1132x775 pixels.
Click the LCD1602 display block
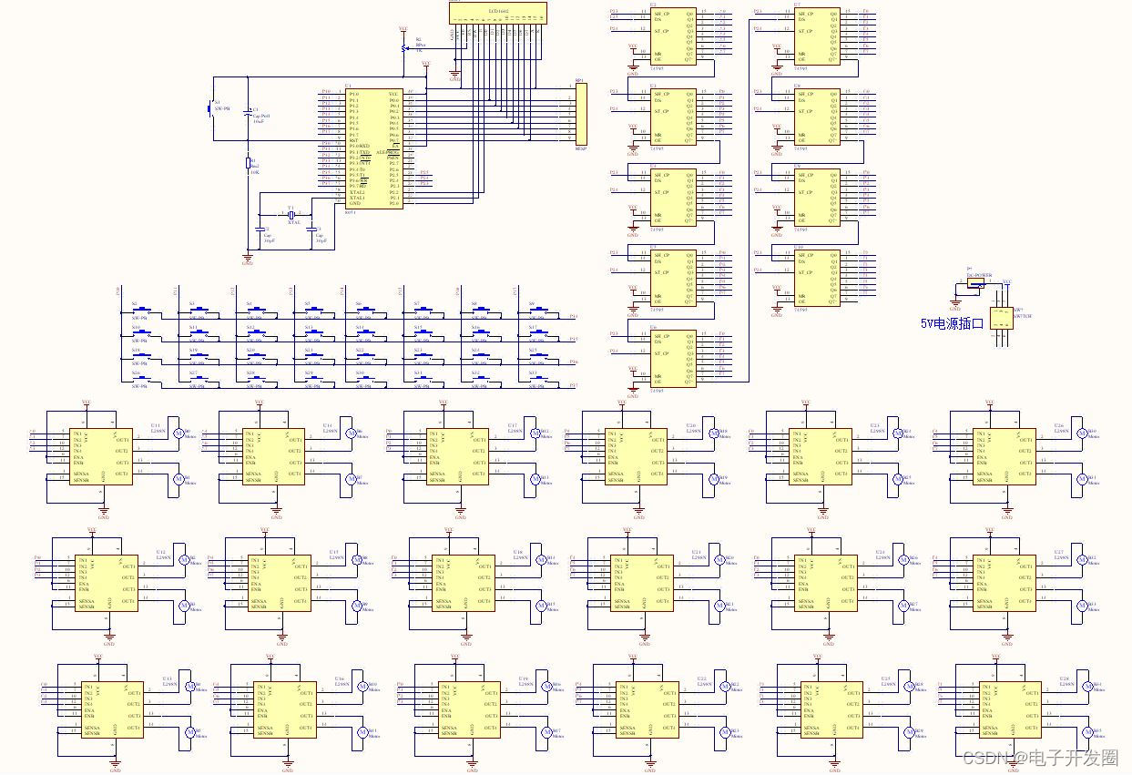(x=497, y=13)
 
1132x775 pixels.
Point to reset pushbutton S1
(x=212, y=108)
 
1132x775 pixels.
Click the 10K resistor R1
(x=248, y=163)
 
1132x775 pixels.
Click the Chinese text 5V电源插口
(x=952, y=323)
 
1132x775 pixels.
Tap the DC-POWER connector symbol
(x=975, y=283)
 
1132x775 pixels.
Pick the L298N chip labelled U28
(x=1010, y=709)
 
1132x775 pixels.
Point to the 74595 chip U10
(x=818, y=277)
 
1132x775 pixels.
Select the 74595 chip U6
(x=674, y=358)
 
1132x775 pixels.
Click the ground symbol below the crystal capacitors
(x=248, y=258)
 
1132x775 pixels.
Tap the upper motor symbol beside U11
(x=179, y=433)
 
